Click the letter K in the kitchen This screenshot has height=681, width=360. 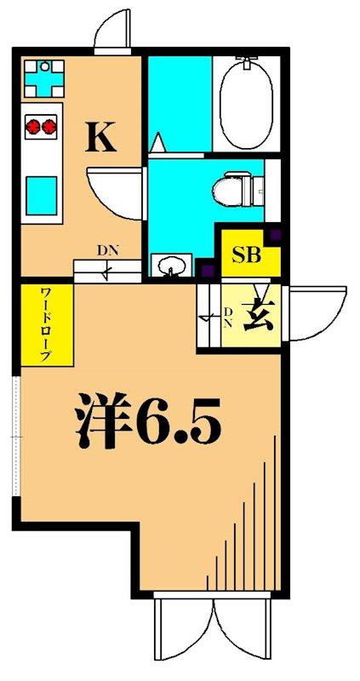[100, 136]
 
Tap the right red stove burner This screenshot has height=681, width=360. [51, 126]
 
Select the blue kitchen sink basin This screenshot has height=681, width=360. [40, 188]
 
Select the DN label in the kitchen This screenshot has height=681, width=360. [107, 250]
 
